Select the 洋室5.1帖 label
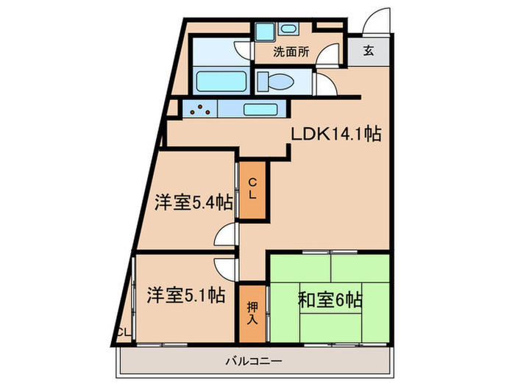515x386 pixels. click(185, 296)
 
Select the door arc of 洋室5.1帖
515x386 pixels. click(225, 266)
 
